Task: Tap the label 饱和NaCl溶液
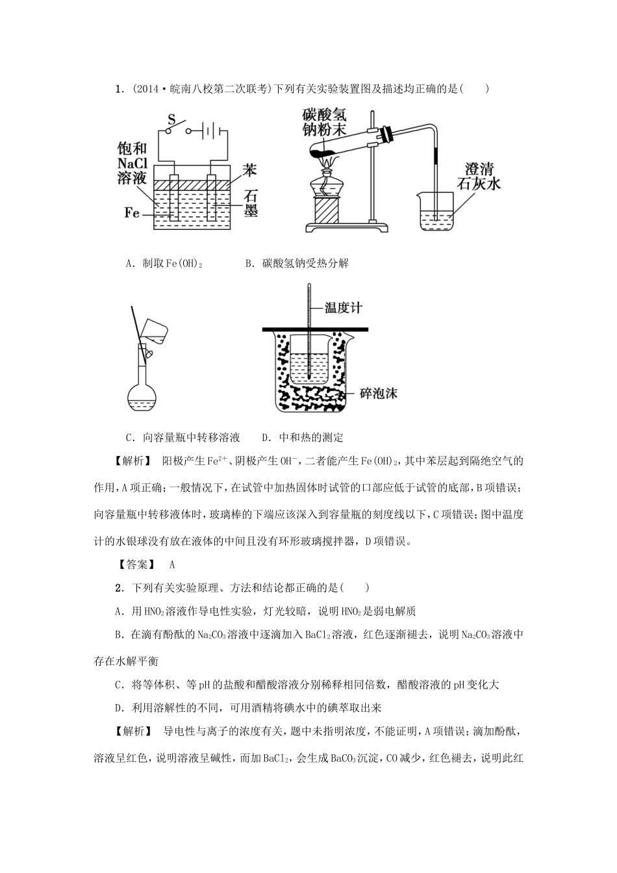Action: (x=132, y=162)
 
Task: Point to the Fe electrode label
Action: (x=132, y=212)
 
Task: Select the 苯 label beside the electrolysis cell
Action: (x=250, y=170)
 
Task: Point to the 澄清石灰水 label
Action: (x=479, y=175)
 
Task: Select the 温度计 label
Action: (x=343, y=307)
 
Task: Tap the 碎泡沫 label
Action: (x=377, y=393)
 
